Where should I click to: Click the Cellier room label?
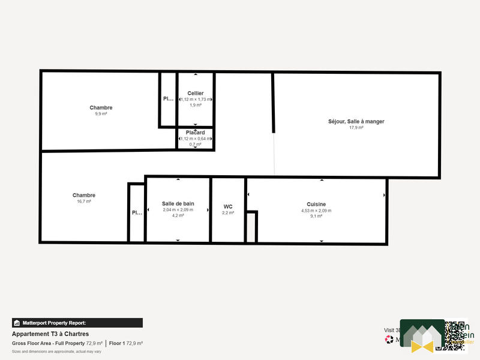click(196, 93)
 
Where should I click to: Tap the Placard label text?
click(196, 133)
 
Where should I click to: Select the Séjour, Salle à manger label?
click(356, 121)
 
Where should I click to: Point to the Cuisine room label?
click(316, 204)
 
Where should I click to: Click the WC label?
click(228, 206)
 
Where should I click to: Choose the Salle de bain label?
click(178, 203)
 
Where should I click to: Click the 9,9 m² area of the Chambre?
click(101, 114)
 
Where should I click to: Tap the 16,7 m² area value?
click(84, 202)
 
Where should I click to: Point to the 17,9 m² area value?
click(356, 128)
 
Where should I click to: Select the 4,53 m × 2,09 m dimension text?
click(316, 211)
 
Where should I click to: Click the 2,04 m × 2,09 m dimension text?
click(178, 209)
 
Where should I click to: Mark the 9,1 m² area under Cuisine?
click(316, 217)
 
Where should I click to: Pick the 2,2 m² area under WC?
click(228, 212)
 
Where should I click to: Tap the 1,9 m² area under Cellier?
click(196, 105)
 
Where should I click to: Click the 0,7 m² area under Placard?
click(196, 144)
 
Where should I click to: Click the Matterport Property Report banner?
click(77, 323)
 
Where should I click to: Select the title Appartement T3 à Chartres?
click(50, 334)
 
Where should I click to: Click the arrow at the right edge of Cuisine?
click(384, 195)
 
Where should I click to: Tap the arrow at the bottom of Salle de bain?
click(178, 241)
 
